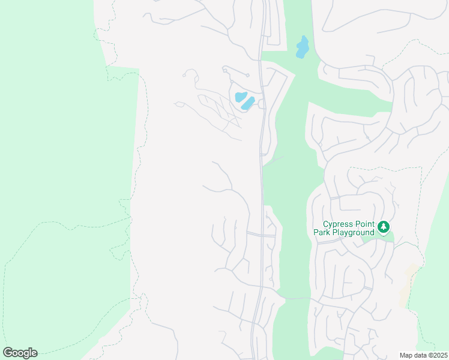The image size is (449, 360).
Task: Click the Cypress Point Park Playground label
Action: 345,228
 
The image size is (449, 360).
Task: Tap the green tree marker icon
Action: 384,227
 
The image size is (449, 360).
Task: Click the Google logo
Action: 20,353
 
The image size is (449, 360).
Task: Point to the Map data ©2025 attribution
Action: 423,355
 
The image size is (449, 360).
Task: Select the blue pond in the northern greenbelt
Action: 303,47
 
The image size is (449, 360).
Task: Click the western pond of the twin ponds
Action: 240,97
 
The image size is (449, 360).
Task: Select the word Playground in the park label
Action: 354,232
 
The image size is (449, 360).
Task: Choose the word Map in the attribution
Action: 406,355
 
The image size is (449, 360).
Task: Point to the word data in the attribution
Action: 420,355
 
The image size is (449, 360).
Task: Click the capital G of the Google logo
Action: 8,353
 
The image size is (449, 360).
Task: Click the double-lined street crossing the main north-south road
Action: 261,235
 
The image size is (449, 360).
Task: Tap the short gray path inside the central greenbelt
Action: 274,160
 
